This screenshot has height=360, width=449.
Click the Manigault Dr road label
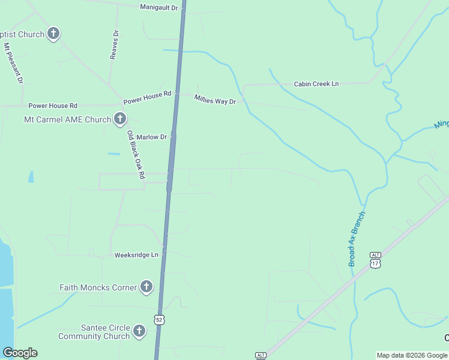[159, 7]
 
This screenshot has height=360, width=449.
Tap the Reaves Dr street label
[114, 45]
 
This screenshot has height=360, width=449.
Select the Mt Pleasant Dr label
[13, 63]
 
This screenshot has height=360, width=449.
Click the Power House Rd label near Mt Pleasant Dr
[53, 105]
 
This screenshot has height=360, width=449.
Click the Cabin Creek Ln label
[316, 84]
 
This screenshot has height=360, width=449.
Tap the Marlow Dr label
[151, 137]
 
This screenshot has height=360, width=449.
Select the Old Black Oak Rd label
[136, 155]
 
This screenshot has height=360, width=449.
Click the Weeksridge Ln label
[136, 255]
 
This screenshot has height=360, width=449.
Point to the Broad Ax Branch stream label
[357, 239]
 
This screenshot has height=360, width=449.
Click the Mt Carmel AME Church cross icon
[120, 119]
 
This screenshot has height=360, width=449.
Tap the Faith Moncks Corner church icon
[146, 287]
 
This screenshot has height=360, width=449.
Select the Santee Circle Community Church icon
[139, 331]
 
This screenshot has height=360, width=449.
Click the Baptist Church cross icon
[53, 34]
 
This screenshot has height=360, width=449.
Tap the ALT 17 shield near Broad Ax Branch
[376, 259]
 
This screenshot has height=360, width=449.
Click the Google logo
[20, 353]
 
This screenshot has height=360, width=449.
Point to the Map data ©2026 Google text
[411, 355]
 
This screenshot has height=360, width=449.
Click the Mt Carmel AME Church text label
[67, 119]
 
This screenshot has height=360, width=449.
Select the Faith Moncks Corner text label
[98, 287]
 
